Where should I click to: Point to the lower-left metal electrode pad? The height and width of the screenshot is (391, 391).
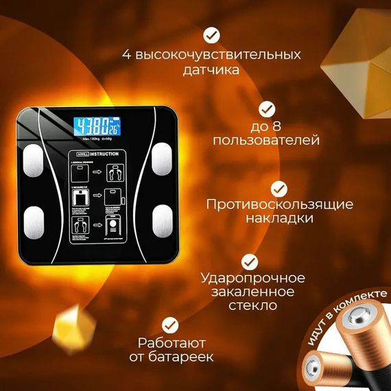point(32,221)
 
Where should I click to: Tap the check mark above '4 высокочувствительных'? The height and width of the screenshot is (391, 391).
point(213,34)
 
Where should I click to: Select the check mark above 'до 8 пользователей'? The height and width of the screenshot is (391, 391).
point(266,108)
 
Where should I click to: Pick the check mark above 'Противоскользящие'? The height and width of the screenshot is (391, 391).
point(279,188)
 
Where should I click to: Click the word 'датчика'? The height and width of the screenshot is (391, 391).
point(213,70)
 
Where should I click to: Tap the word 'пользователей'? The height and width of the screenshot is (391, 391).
point(266,141)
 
